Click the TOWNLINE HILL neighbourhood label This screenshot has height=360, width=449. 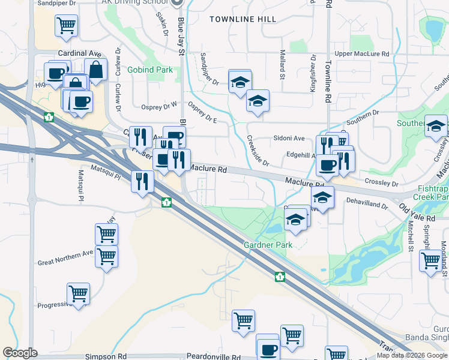point(243,19)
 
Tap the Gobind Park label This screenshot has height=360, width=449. point(150,70)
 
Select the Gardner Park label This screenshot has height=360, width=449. point(268,245)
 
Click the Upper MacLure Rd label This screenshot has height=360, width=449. point(362,54)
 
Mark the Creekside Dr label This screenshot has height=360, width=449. point(257,151)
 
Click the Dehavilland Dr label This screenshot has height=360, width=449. point(367,204)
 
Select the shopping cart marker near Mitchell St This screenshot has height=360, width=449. point(430,261)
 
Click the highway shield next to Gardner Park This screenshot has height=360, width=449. point(279,277)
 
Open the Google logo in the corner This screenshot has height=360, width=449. point(20,353)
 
